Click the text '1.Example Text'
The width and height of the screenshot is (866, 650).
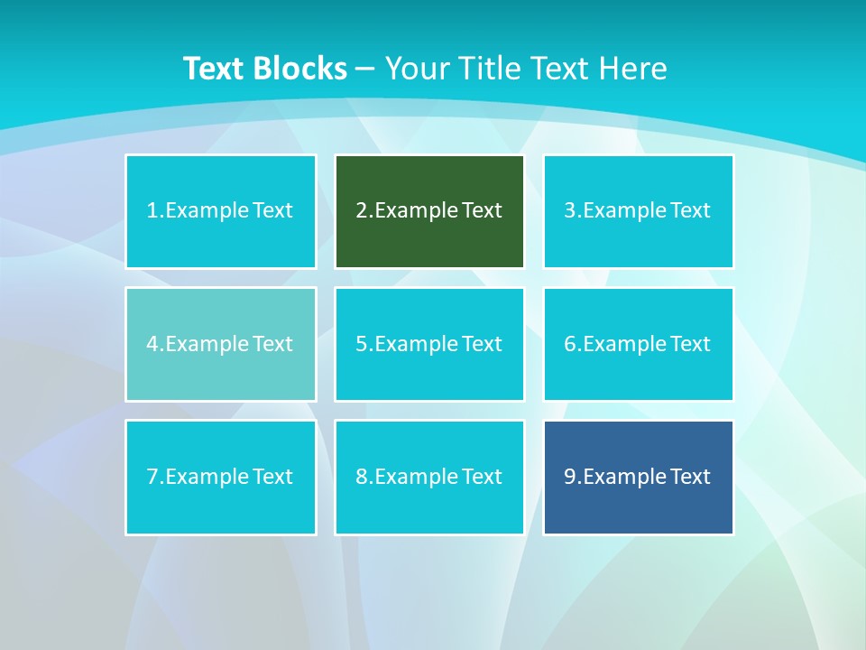tap(220, 210)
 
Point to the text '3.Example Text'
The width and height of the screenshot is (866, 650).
tap(638, 210)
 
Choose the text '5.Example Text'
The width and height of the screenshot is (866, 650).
tap(429, 344)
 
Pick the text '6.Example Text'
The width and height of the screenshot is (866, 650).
tap(638, 344)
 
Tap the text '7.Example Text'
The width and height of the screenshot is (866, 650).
tap(220, 477)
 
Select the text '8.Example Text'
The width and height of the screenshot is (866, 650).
tap(429, 477)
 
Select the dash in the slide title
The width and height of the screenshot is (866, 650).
tap(365, 69)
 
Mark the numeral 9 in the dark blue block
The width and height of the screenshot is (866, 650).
tap(570, 477)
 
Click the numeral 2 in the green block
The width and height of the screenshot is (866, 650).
tap(361, 210)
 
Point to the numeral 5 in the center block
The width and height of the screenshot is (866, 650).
tap(361, 344)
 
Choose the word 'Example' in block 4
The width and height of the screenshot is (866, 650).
tap(207, 344)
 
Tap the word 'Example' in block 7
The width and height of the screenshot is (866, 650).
tap(207, 477)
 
